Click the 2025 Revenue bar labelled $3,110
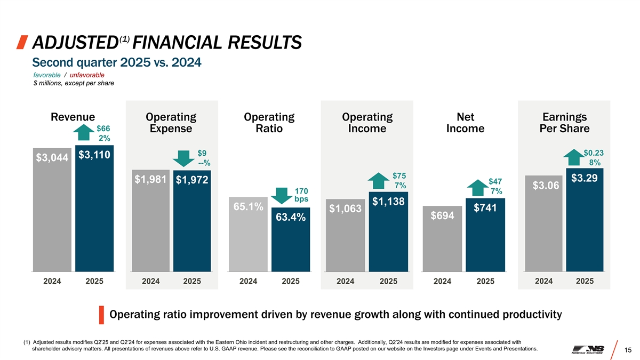[x=94, y=213]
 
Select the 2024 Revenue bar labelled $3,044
[x=52, y=213]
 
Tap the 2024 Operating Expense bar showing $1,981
[x=151, y=224]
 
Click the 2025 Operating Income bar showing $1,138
[x=388, y=235]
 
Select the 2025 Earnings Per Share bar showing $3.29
[x=585, y=224]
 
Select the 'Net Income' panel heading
[x=465, y=123]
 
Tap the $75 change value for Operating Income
[x=399, y=175]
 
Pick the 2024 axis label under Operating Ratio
[x=249, y=281]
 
